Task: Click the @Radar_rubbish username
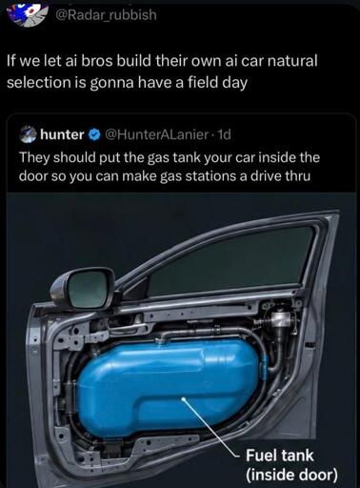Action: coord(106,14)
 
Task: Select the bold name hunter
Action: coord(62,134)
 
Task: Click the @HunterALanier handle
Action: coord(155,134)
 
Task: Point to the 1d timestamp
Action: coord(223,134)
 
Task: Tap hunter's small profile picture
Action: coord(29,134)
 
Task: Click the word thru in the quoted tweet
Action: coord(298,175)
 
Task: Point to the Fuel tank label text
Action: coord(280,455)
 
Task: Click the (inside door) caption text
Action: coord(291,475)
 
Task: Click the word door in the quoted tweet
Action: coord(32,175)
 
